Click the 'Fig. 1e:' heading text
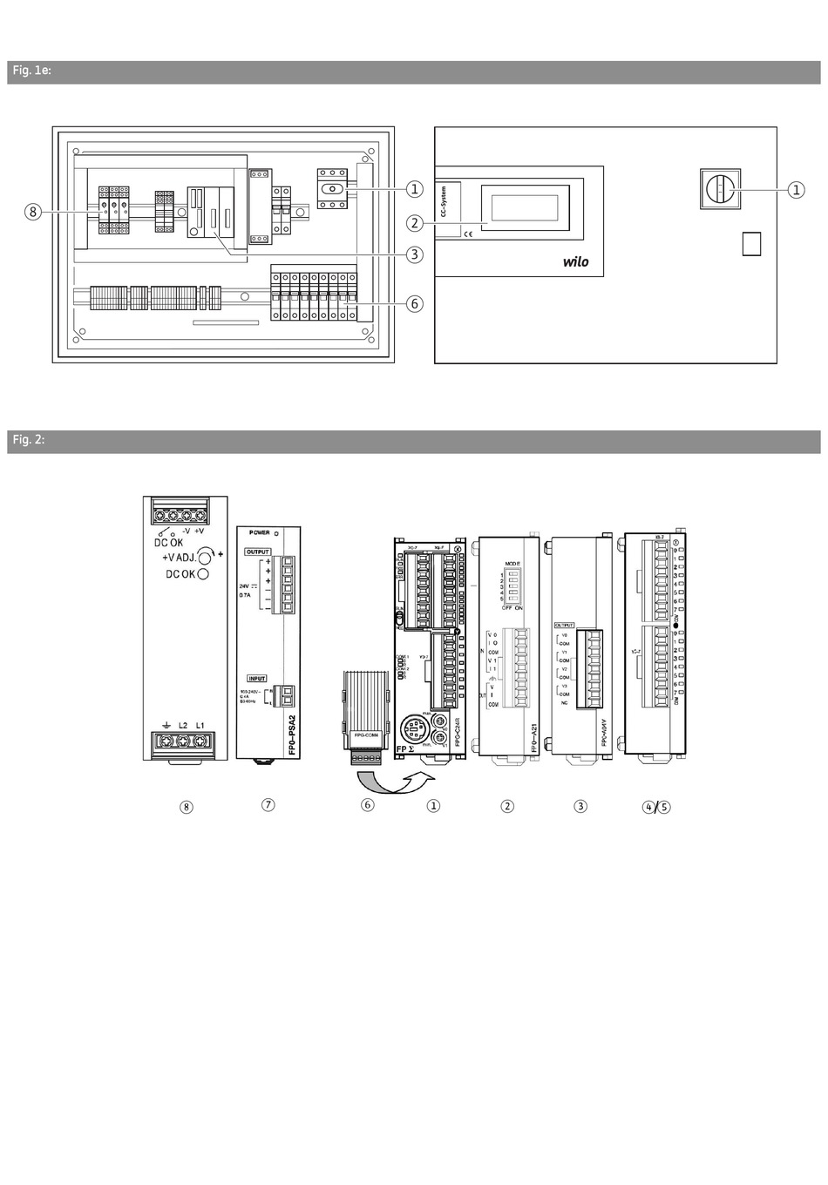[x=31, y=71]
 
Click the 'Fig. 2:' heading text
[x=28, y=441]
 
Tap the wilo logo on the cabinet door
[x=575, y=261]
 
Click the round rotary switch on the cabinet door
[x=719, y=189]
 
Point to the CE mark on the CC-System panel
[x=468, y=233]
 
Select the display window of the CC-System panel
[x=525, y=207]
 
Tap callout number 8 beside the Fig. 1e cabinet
[x=32, y=211]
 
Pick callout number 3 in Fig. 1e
[x=414, y=254]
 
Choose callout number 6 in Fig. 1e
[x=414, y=303]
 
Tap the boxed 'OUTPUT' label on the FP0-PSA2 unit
[x=258, y=552]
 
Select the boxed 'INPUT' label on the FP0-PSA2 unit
[x=257, y=678]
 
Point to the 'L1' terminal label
[x=201, y=724]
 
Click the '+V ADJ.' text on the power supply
[x=179, y=558]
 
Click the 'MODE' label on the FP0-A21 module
[x=512, y=563]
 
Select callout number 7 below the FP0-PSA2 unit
[x=268, y=804]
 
